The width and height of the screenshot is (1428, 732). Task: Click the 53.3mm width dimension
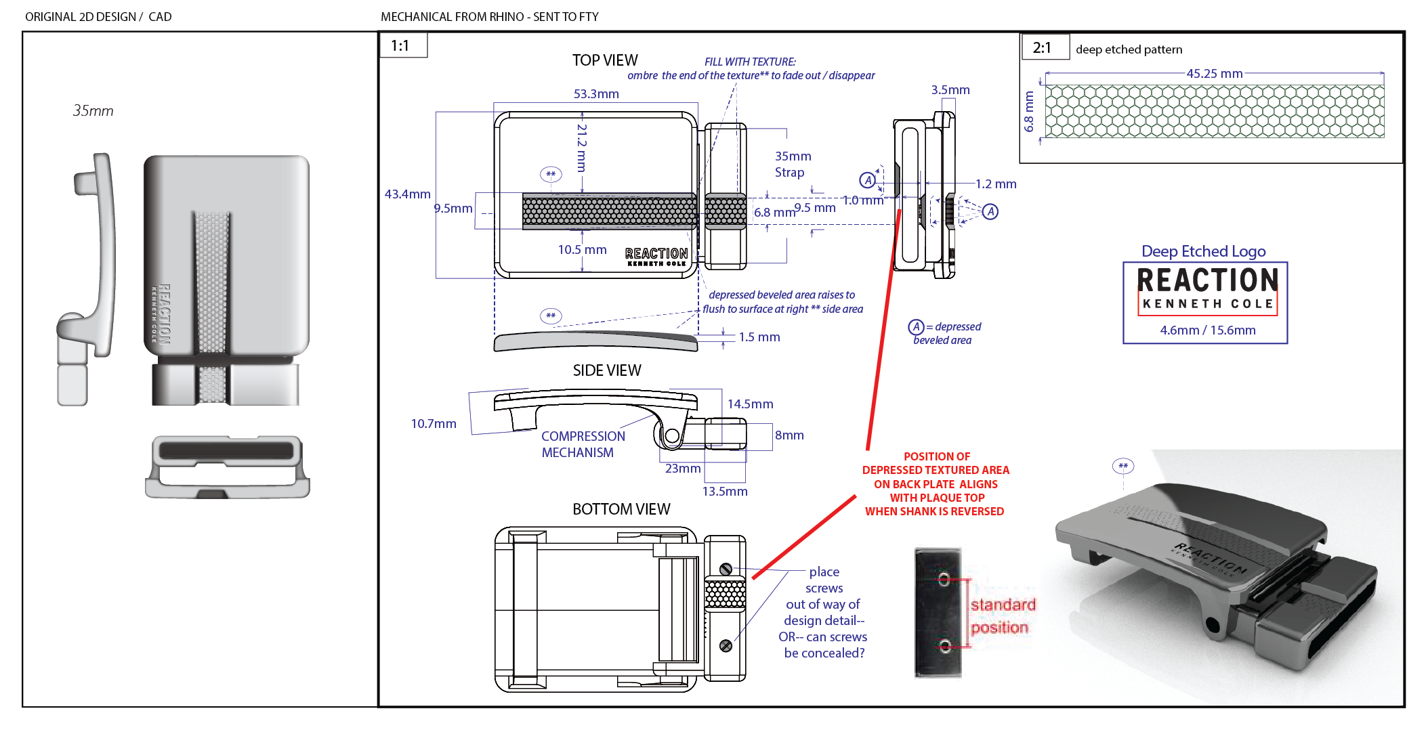596,94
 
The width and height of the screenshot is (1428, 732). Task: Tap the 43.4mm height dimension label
407,194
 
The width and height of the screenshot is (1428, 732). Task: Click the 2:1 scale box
1043,47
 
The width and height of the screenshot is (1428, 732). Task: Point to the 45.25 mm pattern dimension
1214,74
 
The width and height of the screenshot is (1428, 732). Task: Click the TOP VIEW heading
605,61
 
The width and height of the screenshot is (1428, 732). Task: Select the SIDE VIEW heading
607,370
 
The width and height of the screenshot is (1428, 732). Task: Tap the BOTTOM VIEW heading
621,509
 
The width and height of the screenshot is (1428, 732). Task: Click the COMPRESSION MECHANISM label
583,444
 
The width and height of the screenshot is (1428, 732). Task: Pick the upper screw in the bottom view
726,569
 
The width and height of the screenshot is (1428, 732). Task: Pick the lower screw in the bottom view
726,646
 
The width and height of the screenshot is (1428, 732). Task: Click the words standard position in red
1002,616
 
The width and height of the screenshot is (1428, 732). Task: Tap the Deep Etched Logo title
1203,251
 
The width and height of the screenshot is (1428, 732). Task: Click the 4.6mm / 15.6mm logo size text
1207,330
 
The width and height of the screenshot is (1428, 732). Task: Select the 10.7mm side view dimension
434,424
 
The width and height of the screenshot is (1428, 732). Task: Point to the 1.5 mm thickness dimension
759,337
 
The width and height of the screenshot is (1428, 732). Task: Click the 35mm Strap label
792,165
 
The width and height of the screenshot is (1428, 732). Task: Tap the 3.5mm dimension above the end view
950,90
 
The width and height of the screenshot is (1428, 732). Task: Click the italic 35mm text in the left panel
93,111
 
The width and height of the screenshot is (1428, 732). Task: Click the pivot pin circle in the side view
671,436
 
